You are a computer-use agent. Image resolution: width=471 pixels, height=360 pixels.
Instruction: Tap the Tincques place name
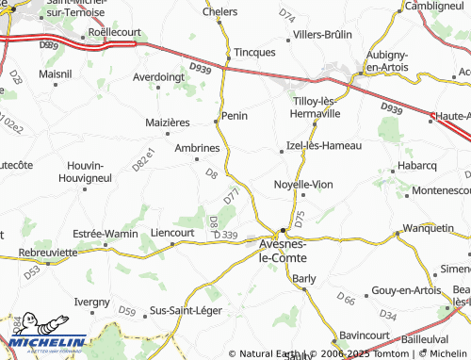tap(254, 52)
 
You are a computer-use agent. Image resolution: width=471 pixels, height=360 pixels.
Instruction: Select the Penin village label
tap(234, 117)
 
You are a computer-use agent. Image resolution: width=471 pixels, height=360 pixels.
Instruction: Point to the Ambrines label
tap(197, 148)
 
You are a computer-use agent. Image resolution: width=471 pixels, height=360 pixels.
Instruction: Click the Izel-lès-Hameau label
tap(323, 146)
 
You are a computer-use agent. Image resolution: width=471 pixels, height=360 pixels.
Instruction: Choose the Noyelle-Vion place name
tap(302, 185)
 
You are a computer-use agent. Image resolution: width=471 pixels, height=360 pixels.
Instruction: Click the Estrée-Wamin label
tap(106, 233)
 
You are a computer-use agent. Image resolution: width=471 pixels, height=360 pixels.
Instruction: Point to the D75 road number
tap(300, 217)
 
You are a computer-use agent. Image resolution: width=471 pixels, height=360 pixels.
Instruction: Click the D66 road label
tap(346, 299)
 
